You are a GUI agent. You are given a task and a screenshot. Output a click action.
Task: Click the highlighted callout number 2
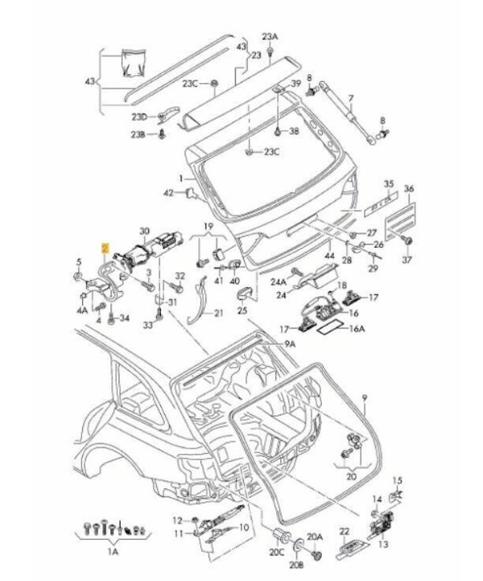106,248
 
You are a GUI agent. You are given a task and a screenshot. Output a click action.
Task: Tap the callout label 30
145,231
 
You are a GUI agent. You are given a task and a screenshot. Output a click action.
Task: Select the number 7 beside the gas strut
350,98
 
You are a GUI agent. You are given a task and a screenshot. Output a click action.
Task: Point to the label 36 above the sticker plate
408,188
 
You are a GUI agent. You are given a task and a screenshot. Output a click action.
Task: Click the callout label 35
389,184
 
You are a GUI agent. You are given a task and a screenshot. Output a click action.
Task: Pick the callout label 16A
357,328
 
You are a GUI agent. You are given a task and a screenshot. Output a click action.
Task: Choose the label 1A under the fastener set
113,552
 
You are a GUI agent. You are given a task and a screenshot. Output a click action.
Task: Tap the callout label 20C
277,553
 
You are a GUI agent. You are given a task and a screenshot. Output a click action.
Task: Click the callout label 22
345,531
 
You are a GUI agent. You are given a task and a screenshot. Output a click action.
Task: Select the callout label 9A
291,344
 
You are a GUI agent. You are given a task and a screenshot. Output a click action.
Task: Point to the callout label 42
169,193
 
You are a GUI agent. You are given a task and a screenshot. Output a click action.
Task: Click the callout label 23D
139,117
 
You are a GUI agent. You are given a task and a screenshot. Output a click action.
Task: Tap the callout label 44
329,256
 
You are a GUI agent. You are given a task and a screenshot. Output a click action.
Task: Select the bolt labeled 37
408,240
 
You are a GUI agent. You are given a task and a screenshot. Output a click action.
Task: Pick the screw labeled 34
110,318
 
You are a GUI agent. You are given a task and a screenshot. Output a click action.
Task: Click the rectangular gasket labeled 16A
332,329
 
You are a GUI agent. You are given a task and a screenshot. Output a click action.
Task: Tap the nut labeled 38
278,131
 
